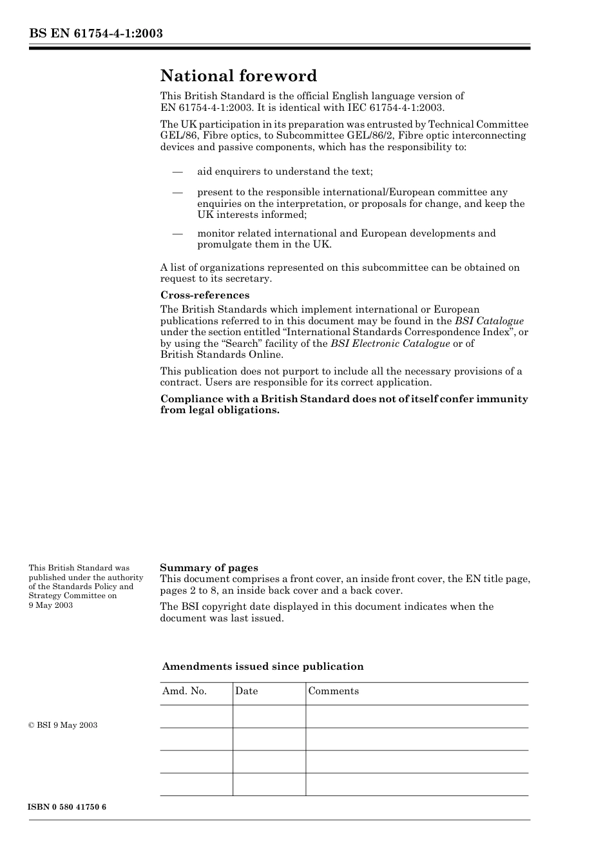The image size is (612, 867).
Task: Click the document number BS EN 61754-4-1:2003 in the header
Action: (x=95, y=34)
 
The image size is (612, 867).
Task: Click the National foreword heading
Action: (x=238, y=76)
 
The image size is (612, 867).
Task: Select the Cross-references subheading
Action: (x=205, y=295)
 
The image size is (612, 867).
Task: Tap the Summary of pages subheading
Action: (x=209, y=568)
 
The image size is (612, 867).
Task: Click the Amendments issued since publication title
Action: (x=263, y=667)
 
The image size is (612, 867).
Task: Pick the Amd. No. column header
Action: (x=184, y=691)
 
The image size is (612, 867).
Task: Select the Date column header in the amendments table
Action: (x=246, y=691)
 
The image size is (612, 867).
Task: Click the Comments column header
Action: (x=333, y=691)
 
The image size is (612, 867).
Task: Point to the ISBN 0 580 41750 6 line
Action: (x=67, y=808)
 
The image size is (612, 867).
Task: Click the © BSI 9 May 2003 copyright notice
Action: (x=63, y=725)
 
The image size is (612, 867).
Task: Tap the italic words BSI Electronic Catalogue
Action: (x=390, y=344)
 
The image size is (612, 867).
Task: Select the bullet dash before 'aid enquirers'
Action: (x=177, y=172)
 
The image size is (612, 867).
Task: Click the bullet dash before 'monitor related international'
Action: (x=177, y=234)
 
